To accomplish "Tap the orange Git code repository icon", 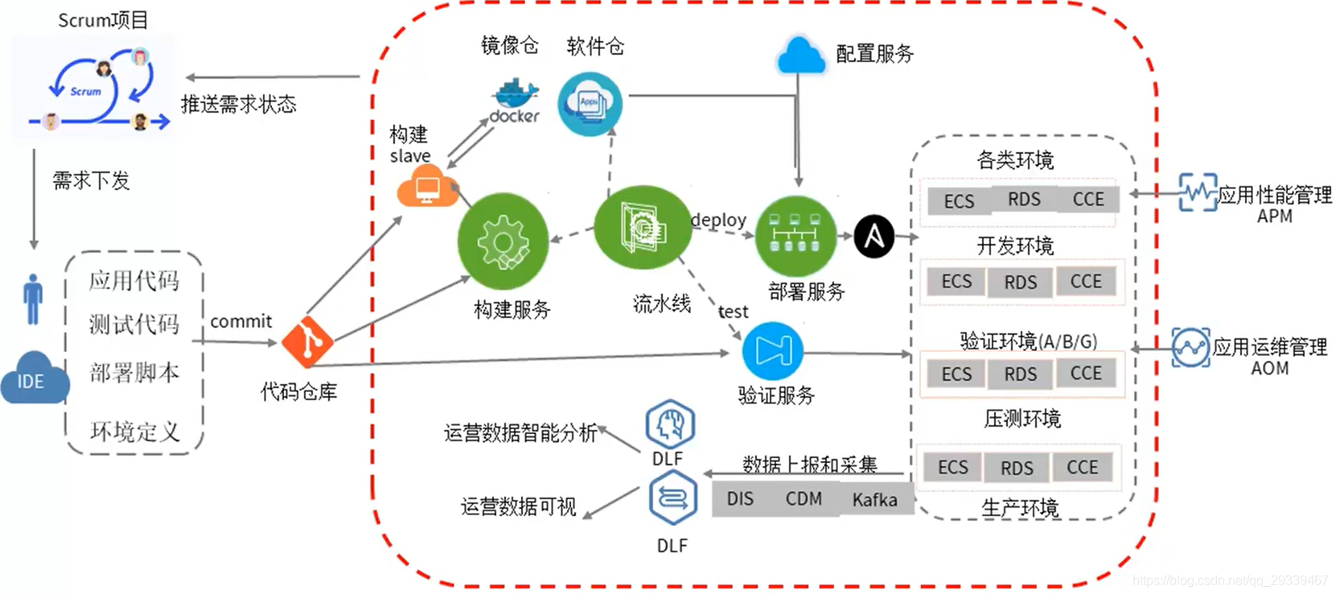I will point(307,341).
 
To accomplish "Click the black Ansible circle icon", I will point(874,237).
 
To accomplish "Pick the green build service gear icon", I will point(503,242).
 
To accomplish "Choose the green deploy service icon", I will point(795,235).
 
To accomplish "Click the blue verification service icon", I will point(772,351).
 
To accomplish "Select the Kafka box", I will point(874,500).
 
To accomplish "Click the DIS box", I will point(740,499).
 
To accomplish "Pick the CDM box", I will point(804,499).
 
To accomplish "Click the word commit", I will point(240,321).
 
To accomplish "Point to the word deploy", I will point(718,220).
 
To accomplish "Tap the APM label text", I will point(1274,216).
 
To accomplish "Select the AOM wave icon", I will point(1190,348).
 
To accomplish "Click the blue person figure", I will point(33,299).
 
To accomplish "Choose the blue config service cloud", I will point(800,56).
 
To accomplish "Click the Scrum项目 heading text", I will point(103,20).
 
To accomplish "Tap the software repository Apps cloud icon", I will point(590,103).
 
